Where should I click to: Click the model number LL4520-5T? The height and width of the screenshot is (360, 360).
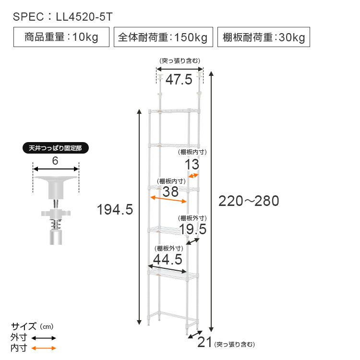pyautogui.click(x=84, y=17)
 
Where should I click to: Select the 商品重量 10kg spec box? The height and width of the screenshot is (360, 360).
pyautogui.click(x=61, y=37)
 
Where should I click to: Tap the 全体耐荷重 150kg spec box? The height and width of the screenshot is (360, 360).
pyautogui.click(x=163, y=37)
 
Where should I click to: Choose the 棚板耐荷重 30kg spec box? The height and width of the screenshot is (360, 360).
pyautogui.click(x=264, y=37)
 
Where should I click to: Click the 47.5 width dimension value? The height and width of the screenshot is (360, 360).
pyautogui.click(x=179, y=80)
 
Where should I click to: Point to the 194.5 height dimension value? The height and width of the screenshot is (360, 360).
pyautogui.click(x=115, y=210)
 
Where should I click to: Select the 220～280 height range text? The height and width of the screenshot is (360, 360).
pyautogui.click(x=249, y=201)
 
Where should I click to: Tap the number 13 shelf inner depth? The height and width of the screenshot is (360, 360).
pyautogui.click(x=192, y=164)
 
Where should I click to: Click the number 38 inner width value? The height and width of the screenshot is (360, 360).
pyautogui.click(x=170, y=192)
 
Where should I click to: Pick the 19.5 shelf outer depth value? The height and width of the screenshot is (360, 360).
pyautogui.click(x=193, y=229)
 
